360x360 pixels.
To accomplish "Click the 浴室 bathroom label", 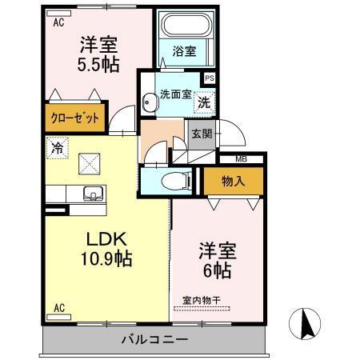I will [185, 52].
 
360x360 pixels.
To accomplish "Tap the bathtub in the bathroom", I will [185, 25].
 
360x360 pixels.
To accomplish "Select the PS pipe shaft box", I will [210, 78].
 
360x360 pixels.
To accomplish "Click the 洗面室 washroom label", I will [174, 94].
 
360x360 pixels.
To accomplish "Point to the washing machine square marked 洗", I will [204, 102].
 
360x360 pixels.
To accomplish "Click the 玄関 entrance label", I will [201, 134].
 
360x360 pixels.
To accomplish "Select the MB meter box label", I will [240, 159].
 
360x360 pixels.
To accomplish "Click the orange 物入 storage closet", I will [233, 182].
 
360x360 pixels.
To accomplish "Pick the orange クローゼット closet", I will [76, 118].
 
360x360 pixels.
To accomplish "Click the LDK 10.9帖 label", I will [106, 249].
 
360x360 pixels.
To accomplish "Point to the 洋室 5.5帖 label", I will [98, 54].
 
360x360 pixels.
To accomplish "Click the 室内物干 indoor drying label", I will [202, 301].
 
